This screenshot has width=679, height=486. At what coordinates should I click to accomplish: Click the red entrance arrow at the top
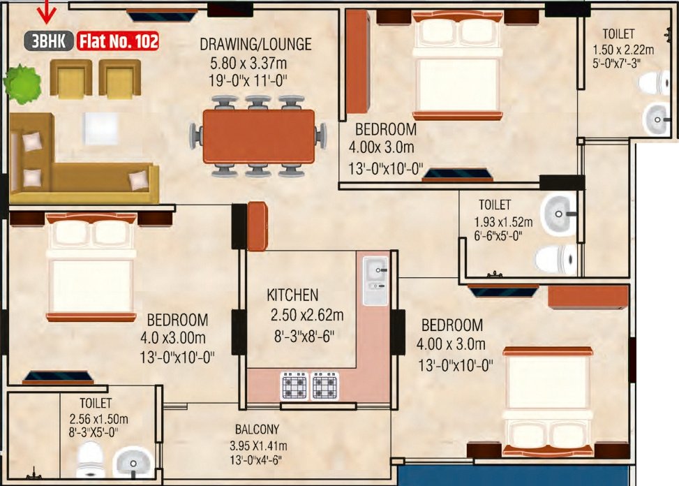(47, 10)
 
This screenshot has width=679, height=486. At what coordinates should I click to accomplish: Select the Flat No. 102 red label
(118, 42)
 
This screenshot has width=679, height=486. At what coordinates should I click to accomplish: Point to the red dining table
(258, 135)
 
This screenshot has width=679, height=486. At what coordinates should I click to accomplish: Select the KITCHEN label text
(292, 295)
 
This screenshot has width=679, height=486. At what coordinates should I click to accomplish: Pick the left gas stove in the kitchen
(293, 385)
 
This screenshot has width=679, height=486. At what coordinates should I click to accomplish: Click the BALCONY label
(257, 429)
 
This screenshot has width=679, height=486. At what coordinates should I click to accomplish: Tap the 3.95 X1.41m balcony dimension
(257, 445)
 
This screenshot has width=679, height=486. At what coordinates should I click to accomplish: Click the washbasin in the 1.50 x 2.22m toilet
(657, 119)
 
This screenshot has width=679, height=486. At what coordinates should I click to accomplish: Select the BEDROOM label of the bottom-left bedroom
(177, 321)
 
